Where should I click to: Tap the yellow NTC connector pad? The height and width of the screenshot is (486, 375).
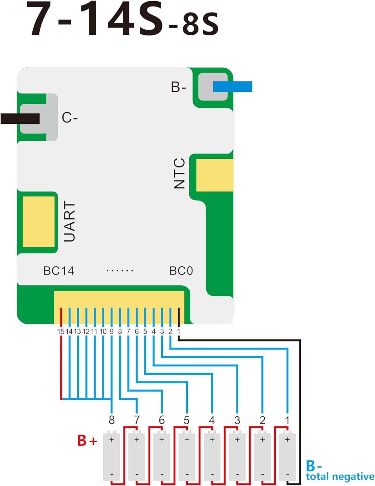(x=214, y=175)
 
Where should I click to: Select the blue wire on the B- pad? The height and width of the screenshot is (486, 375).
(x=232, y=87)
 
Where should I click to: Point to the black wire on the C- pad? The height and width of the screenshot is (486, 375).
(x=20, y=119)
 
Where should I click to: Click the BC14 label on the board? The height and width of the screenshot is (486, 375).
(x=59, y=271)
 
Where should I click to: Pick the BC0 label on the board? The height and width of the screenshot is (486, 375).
(x=181, y=271)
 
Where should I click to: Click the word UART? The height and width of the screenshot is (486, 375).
(x=69, y=221)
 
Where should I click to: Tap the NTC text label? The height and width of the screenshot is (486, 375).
(x=179, y=173)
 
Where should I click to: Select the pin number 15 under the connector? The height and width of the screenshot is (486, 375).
(x=61, y=331)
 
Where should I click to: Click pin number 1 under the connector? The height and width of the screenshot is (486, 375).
(x=179, y=331)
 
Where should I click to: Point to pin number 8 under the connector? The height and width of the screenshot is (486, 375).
(x=120, y=331)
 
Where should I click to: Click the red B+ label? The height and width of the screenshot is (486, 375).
(x=87, y=441)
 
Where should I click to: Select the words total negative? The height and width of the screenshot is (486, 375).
(x=340, y=477)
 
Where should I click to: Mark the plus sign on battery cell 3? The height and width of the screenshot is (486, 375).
(x=237, y=440)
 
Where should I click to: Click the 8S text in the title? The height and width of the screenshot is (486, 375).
(x=200, y=24)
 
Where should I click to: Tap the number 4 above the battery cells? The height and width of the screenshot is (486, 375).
(x=212, y=420)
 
